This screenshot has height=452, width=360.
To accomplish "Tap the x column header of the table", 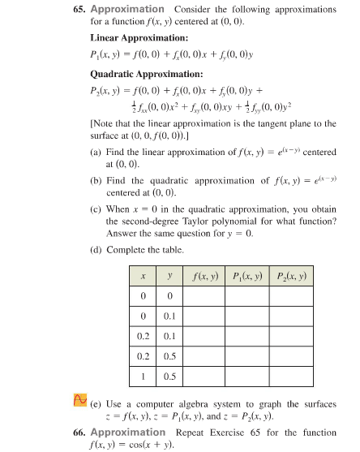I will point(144,277).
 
